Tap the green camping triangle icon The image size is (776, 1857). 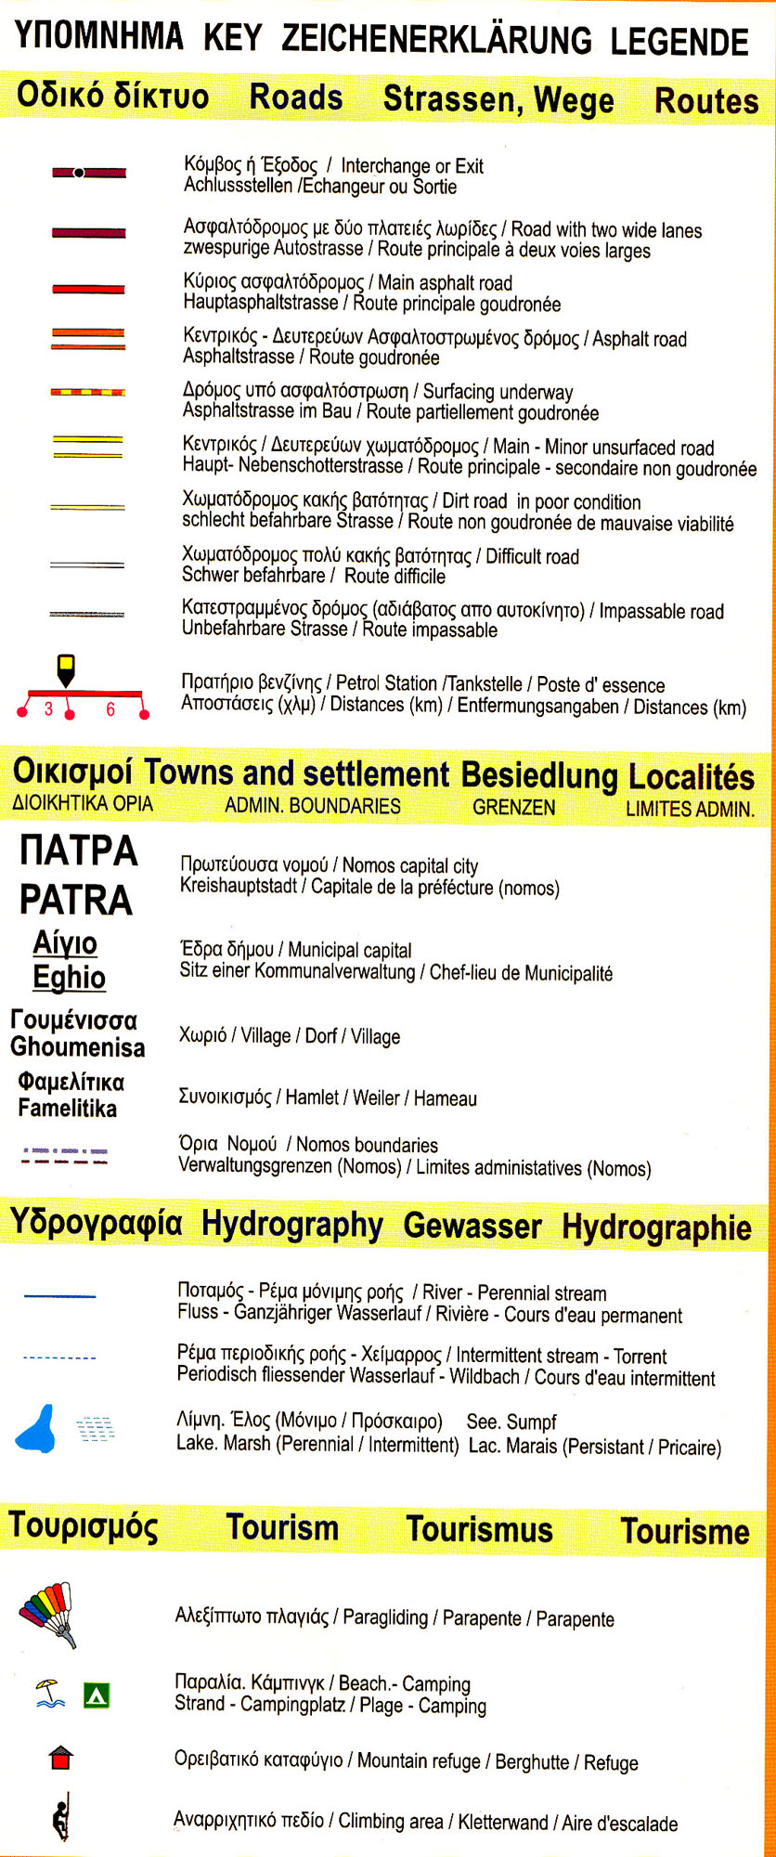[97, 1696]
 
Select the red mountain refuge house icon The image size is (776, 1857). [60, 1757]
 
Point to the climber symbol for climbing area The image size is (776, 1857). [61, 1816]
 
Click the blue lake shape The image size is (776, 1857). [37, 1430]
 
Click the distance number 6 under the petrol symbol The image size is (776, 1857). [110, 709]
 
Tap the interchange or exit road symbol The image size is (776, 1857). [88, 173]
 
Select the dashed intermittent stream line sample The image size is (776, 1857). [59, 1358]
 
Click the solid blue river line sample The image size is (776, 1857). [59, 1296]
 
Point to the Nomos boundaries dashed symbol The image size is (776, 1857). [65, 1156]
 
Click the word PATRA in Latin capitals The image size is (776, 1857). [76, 900]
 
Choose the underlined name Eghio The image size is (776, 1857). [70, 977]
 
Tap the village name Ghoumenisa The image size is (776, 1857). [78, 1047]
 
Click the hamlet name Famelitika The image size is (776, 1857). [67, 1108]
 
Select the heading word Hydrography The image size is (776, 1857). [291, 1225]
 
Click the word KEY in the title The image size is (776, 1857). [232, 38]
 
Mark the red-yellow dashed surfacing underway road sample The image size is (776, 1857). [88, 393]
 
